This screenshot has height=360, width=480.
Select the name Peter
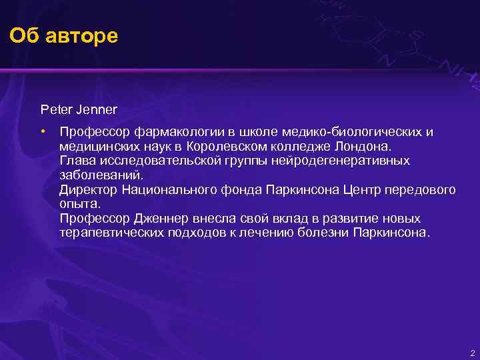pyautogui.click(x=55, y=107)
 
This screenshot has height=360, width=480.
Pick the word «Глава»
pyautogui.click(x=77, y=161)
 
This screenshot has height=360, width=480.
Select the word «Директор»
pyautogui.click(x=89, y=190)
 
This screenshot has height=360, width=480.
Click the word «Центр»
pyautogui.click(x=363, y=190)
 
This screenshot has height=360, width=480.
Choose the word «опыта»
pyautogui.click(x=79, y=205)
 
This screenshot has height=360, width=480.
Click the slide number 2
pyautogui.click(x=472, y=353)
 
